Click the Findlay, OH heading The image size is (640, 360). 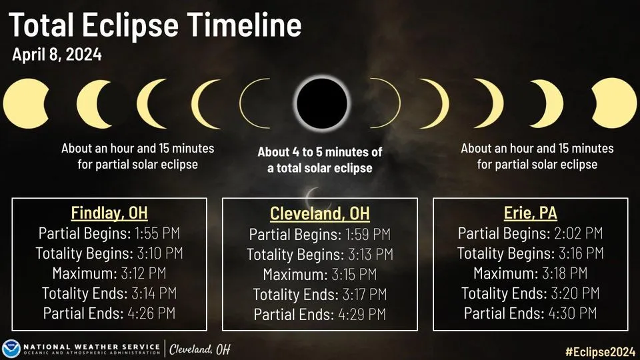coord(109,213)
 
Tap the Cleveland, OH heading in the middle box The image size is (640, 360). coord(319,214)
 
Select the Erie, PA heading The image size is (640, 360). coord(530,213)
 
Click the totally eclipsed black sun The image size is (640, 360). coord(323,103)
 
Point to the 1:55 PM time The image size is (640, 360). coord(155,233)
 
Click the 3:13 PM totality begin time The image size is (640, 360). coord(369,254)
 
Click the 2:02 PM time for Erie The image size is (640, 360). coord(578,233)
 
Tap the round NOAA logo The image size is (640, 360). coord(11,349)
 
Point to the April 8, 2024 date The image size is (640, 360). coord(57,55)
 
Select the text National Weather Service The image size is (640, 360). coord(91,345)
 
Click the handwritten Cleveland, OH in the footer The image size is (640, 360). coord(199,349)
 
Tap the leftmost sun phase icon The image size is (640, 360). coord(25,103)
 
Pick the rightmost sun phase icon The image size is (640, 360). coord(614,103)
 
